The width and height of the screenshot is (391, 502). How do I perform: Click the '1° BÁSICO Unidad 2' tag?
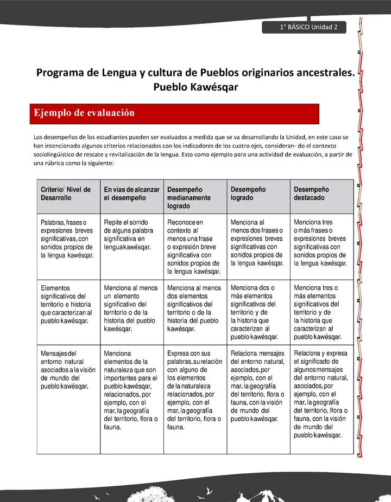coord(305,27)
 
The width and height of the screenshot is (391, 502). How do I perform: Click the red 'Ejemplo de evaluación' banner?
coord(174,113)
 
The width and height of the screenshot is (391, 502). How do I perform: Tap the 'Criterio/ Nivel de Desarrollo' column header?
coord(66,194)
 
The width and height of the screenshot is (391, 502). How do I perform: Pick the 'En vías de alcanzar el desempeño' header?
coord(131,194)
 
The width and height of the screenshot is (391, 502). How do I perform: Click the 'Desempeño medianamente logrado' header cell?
coord(195,198)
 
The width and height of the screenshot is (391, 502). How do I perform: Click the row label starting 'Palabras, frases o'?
coord(67,239)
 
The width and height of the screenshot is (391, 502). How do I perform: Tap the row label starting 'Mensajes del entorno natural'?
coord(67,370)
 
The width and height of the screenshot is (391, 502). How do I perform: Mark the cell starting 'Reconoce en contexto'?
coord(194,247)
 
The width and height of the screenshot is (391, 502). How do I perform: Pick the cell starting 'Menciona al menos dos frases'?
coord(257,243)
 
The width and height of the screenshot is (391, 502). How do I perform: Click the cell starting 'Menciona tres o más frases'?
coord(320,243)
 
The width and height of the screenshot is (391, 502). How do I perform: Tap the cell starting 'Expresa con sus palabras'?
coord(194,390)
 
